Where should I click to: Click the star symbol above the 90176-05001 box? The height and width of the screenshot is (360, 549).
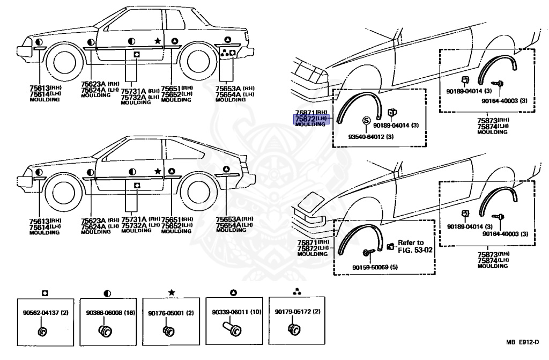170,293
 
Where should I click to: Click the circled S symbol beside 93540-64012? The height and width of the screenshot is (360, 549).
367,120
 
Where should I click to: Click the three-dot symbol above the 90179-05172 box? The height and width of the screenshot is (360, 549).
296,293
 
